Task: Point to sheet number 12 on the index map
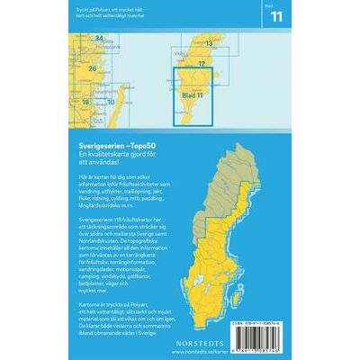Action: (202, 63)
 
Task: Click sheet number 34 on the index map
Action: (99, 38)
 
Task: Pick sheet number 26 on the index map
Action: (92, 68)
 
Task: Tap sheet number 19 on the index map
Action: (85, 102)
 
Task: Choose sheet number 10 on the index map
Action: (110, 102)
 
